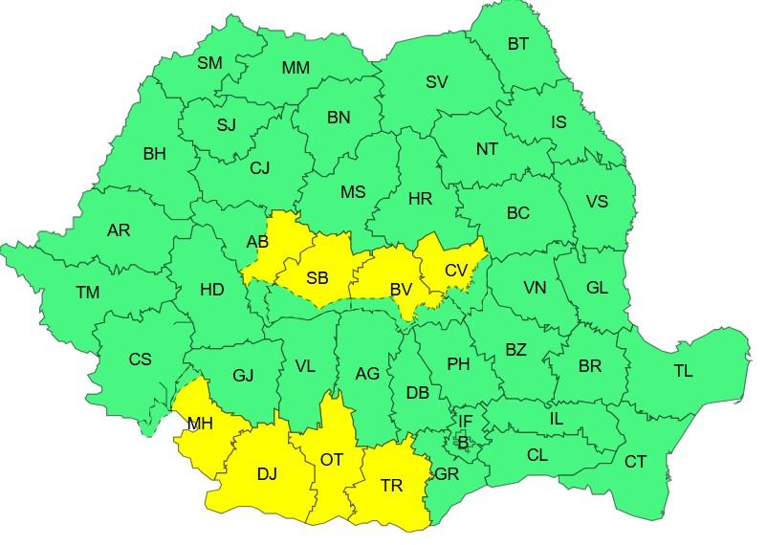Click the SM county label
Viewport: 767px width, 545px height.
pos(209,63)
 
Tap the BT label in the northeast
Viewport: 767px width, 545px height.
pos(517,43)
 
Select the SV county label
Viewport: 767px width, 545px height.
pos(437,82)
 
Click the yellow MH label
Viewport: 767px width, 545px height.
pos(200,423)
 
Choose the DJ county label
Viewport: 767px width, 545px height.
pos(267,474)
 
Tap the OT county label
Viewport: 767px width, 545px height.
pos(331,460)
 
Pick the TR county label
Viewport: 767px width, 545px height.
pos(391,486)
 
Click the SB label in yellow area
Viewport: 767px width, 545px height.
pos(318,278)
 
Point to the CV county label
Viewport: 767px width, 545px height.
pos(456,271)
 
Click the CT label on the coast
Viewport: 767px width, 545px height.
pos(635,462)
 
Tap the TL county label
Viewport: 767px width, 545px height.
pos(683,371)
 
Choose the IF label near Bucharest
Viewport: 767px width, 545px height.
pos(466,420)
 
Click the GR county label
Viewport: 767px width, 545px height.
pos(448,474)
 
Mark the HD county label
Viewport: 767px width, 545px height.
pos(211,289)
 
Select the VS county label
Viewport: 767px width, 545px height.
pos(597,202)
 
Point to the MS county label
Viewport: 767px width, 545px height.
pos(353,192)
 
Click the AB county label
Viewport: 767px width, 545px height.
pos(257,242)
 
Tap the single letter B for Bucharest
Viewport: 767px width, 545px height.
pos(464,441)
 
